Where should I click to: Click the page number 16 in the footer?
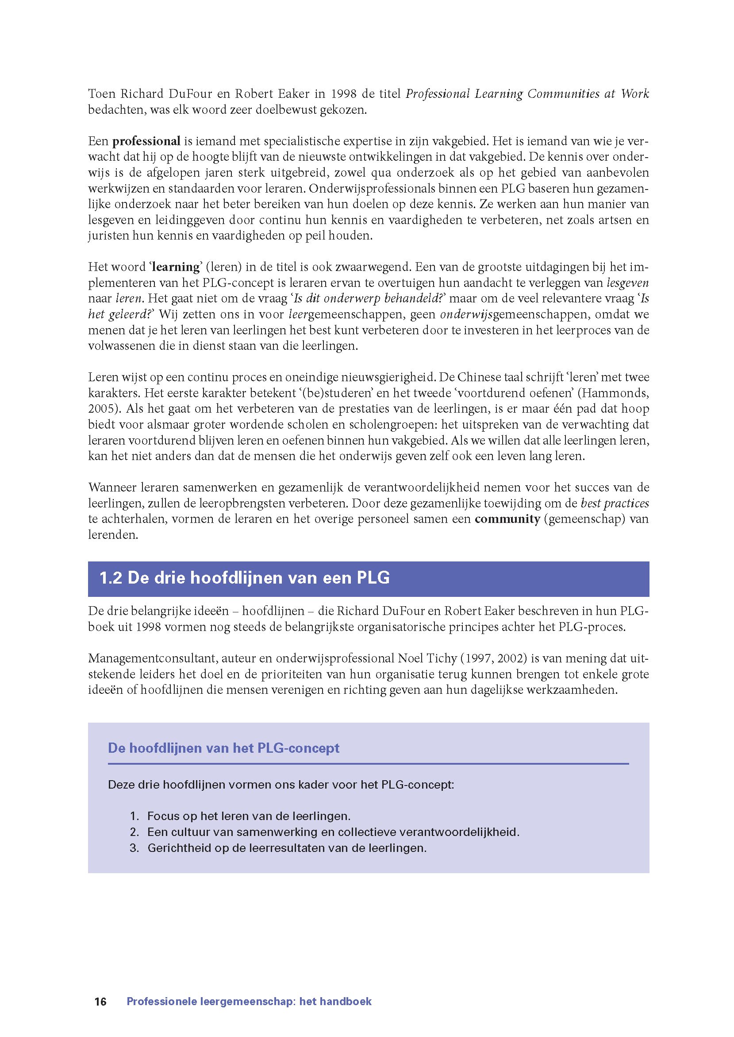[100, 989]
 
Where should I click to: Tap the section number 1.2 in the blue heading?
[111, 578]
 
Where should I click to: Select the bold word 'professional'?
[146, 141]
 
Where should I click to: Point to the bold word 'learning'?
[176, 267]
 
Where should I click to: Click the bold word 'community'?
[507, 519]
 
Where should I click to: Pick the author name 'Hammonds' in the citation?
[615, 393]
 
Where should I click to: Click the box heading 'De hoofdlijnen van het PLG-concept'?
[224, 748]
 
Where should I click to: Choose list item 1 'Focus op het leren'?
[249, 816]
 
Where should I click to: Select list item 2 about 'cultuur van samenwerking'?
[333, 832]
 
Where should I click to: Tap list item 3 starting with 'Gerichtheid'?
[287, 848]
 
